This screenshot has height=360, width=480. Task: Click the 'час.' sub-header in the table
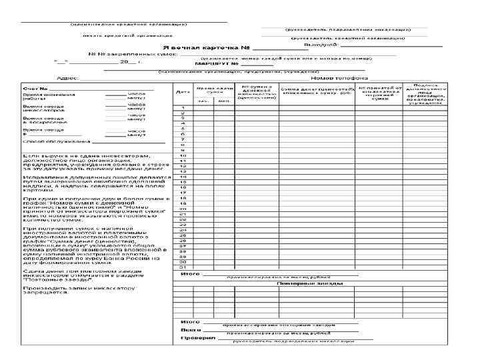[201, 101]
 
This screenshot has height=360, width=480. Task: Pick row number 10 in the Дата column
[183, 155]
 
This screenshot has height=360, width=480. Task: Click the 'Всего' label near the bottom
[191, 329]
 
